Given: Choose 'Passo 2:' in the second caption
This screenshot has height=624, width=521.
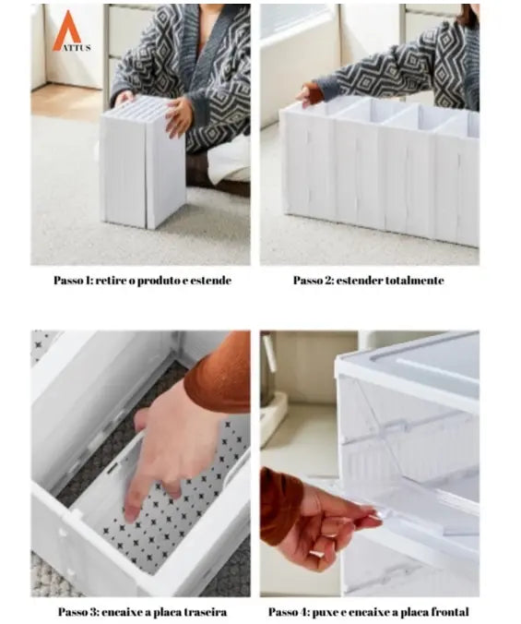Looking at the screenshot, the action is pos(314,281).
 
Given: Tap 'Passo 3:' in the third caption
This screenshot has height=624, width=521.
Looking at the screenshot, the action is pos(78,612).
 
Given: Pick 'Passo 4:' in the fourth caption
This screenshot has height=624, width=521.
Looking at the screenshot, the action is pos(289,612).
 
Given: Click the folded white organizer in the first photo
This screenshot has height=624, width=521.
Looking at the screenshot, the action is pos(144,162).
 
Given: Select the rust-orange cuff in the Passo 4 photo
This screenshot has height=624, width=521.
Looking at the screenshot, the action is pos(281,506).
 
